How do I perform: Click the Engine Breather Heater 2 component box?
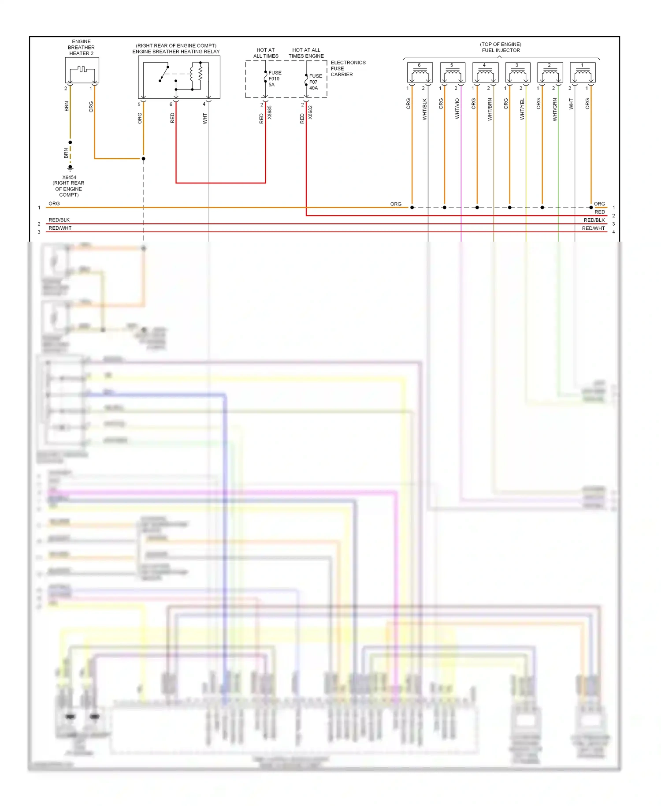point(82,70)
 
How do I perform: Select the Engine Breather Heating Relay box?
point(179,77)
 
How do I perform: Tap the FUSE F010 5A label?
point(275,78)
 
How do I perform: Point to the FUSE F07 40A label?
point(315,82)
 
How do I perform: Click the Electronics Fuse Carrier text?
point(348,68)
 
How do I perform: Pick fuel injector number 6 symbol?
point(420,73)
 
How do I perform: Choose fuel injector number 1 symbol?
point(583,73)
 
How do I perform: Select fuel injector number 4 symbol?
point(485,73)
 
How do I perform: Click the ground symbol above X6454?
point(70,168)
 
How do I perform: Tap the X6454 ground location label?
point(69,186)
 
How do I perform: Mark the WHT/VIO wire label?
point(457,108)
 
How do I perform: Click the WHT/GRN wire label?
point(555,109)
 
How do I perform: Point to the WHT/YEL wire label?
point(522,109)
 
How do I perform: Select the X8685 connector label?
point(270,112)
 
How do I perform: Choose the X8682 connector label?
point(310,112)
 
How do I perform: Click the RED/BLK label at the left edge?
point(59,220)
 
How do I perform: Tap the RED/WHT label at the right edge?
point(593,228)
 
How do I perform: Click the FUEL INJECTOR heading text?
point(501,50)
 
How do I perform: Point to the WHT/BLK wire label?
point(424,109)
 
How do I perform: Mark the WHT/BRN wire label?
point(490,109)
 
